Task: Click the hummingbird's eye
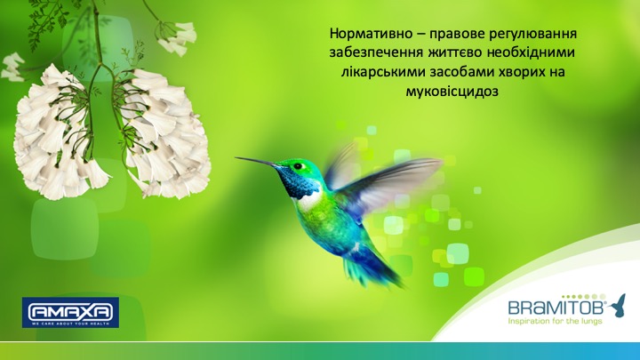click(299, 166)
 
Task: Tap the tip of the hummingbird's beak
click(236, 158)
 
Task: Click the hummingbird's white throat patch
click(310, 201)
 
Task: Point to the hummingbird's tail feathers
click(369, 269)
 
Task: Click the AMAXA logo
click(70, 312)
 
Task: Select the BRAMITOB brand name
click(557, 307)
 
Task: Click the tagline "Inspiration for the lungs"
click(555, 321)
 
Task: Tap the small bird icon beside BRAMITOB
click(619, 305)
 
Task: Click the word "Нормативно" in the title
click(372, 34)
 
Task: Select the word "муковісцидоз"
click(452, 91)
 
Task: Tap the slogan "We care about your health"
click(70, 324)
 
